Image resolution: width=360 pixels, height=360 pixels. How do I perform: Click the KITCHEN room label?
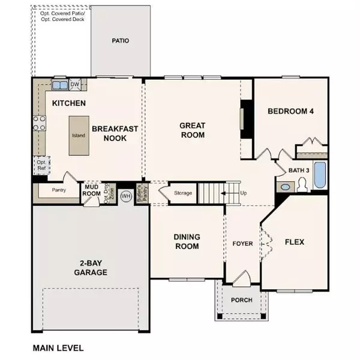pos(69,103)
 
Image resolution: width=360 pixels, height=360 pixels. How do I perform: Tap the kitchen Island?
pos(78,135)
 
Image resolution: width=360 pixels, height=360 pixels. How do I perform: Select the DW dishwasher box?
pos(75,84)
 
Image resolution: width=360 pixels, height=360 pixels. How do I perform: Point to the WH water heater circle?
pos(126,196)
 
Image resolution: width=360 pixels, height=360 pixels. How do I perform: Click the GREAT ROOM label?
pos(193,130)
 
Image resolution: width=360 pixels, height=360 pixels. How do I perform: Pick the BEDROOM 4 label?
pos(290,111)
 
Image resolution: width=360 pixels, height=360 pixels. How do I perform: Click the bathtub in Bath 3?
pos(319,175)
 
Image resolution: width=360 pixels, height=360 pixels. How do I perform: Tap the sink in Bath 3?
pos(285,187)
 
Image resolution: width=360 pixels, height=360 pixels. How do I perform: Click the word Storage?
pos(182,193)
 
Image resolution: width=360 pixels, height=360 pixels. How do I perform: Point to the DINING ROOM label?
pos(186,241)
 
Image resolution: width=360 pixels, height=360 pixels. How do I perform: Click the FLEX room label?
pos(294,242)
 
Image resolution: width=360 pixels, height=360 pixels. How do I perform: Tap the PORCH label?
pos(241,300)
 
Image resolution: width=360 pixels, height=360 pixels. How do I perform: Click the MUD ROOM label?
pos(91,190)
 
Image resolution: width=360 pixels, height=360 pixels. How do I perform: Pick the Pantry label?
pos(58,190)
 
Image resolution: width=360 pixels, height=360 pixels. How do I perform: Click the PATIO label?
pos(121,41)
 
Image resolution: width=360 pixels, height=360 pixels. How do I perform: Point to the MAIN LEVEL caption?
pos(58,347)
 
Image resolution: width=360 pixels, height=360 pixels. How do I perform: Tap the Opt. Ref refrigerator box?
pos(41,166)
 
